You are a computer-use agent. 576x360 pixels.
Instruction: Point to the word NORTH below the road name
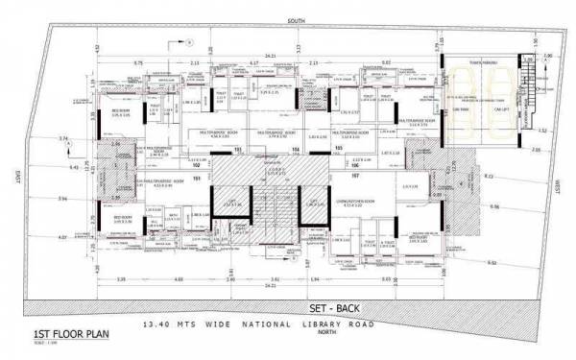[x=315, y=338]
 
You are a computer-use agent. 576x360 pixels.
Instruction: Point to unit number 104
[x=296, y=151]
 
